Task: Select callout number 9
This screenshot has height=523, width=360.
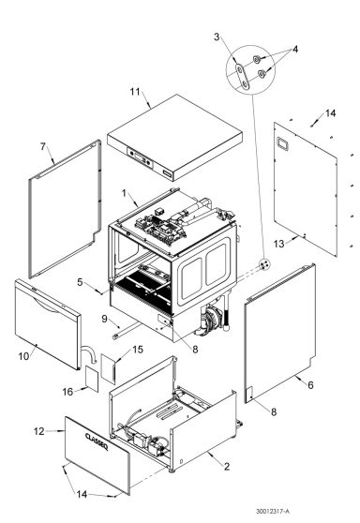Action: pos(105,319)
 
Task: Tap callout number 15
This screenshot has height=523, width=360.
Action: pos(137,350)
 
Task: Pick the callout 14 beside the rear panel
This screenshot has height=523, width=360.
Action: pos(328,112)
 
